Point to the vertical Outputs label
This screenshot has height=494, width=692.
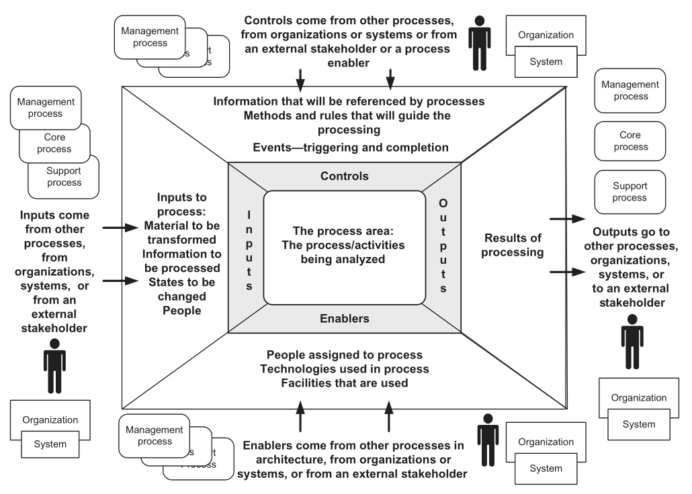coord(443,246)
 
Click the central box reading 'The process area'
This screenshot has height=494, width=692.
coord(344,247)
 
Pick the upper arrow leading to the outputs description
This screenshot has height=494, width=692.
coord(566,219)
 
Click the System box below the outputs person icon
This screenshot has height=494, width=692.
coord(638,424)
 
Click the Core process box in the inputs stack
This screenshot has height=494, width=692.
coord(54,144)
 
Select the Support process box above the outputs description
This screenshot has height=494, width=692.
coord(630,191)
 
